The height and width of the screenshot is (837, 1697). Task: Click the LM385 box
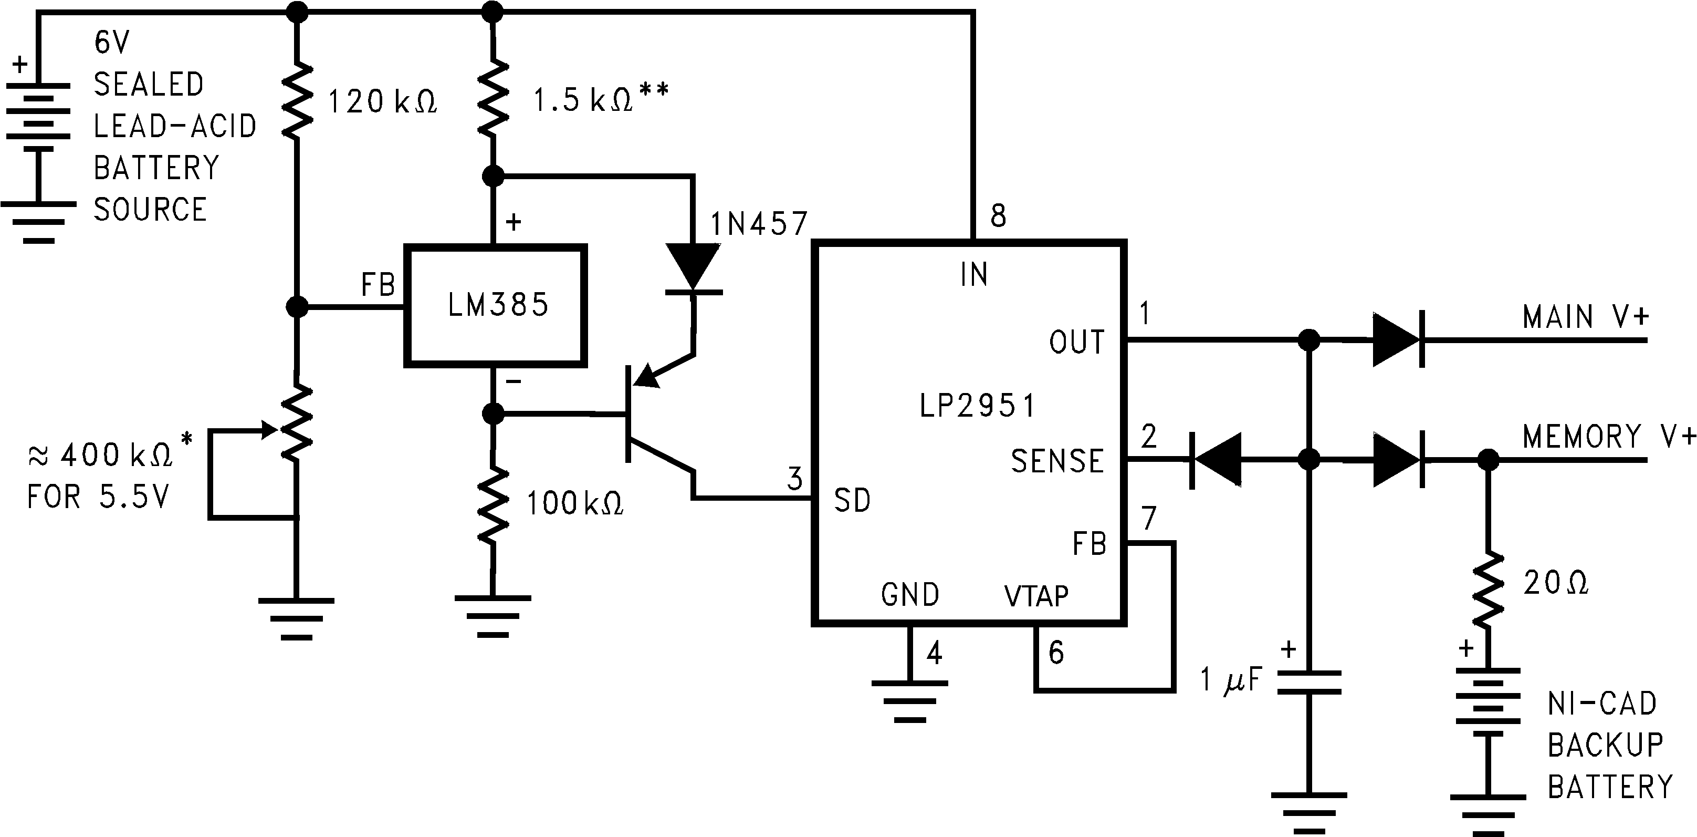pyautogui.click(x=496, y=305)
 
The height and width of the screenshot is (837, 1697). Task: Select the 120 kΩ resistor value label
pyautogui.click(x=382, y=102)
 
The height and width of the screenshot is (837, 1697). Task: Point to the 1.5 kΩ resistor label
pyautogui.click(x=600, y=99)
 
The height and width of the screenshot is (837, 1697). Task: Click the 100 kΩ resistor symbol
pyautogui.click(x=493, y=505)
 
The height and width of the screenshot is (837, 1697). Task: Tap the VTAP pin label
pyautogui.click(x=1036, y=596)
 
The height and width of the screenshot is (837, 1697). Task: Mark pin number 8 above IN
pyautogui.click(x=998, y=216)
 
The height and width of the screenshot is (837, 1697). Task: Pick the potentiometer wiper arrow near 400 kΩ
pyautogui.click(x=267, y=430)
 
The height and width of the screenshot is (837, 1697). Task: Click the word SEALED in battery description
pyautogui.click(x=149, y=85)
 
